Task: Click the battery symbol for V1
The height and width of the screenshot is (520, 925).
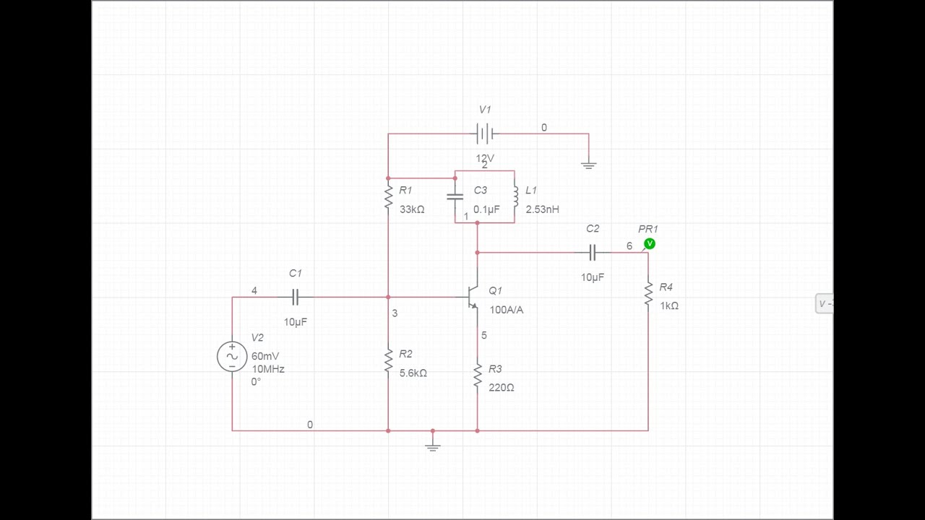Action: point(485,134)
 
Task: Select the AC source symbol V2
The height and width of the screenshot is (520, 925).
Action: point(232,356)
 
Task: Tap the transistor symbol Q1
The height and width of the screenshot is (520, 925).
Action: point(473,296)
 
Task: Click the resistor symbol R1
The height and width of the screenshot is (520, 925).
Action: point(388,196)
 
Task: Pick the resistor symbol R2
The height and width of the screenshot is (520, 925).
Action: point(388,360)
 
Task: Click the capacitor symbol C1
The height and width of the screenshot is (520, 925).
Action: point(295,297)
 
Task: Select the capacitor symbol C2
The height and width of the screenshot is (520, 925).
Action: point(593,252)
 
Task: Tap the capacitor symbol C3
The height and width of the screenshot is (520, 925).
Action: point(455,196)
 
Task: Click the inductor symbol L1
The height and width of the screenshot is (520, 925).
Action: point(515,196)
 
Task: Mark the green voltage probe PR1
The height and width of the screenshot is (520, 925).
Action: point(650,244)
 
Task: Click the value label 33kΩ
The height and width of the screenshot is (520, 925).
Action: point(412,209)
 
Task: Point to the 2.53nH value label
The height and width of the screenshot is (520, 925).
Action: point(542,209)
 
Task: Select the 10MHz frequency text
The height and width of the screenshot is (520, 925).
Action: point(268,369)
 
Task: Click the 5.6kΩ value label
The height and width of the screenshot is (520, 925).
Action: point(413,373)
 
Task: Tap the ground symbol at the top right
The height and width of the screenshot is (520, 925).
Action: point(588,165)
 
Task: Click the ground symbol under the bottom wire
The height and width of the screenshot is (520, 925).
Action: point(432,447)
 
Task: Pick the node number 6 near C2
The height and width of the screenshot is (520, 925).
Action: point(629,246)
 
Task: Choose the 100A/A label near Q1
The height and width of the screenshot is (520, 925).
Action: point(506,310)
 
